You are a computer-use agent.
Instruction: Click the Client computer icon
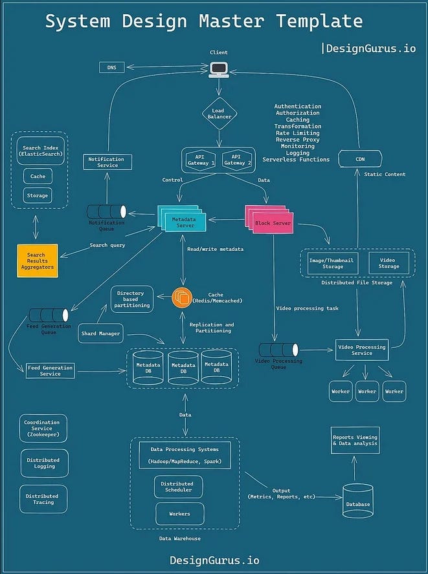218,67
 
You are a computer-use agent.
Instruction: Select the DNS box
111,67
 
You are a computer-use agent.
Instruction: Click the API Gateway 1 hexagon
201,159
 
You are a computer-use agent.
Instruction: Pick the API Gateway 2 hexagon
234,159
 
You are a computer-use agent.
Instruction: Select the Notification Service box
107,162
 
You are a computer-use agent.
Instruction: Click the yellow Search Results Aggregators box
37,260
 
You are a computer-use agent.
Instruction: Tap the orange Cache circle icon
183,297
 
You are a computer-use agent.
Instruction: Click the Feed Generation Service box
50,370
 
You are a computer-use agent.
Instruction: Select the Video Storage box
389,262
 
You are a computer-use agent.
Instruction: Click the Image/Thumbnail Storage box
326,262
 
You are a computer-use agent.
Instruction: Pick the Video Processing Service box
362,350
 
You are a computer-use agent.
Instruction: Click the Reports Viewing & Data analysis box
355,440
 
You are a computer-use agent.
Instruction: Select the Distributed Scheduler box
177,487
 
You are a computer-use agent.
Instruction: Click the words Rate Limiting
297,133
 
